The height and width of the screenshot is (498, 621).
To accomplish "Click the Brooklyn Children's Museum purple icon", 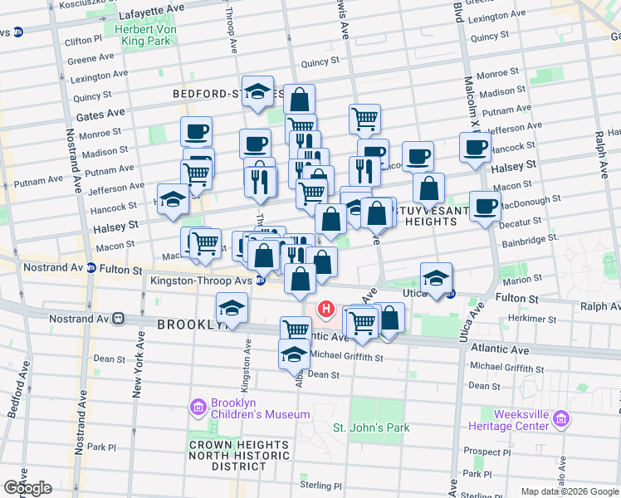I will click(198, 407).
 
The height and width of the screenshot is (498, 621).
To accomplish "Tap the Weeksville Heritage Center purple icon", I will click(562, 419).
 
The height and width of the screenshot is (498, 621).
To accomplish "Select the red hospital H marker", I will click(326, 310).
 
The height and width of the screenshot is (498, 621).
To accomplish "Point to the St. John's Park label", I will click(372, 428).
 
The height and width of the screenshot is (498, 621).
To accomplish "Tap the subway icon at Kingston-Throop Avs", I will click(261, 281).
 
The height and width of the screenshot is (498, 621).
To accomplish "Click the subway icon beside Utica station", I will click(451, 293).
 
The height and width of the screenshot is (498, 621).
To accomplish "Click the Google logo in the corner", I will click(27, 488).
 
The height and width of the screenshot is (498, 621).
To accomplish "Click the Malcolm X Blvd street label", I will click(469, 83).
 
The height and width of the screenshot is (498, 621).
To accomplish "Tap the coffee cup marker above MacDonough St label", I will click(485, 204).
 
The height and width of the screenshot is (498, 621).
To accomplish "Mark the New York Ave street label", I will click(138, 365).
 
